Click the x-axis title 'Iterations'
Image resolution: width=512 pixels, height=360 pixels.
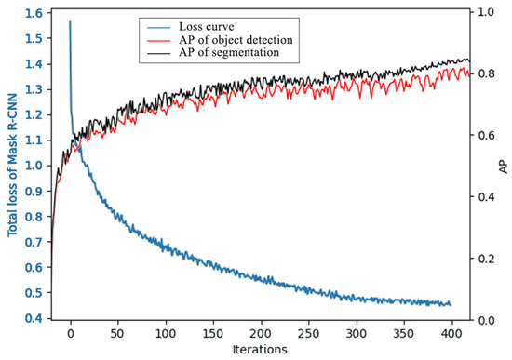[260, 350]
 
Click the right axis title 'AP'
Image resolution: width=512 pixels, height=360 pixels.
[502, 166]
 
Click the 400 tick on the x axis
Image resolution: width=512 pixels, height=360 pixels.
[451, 332]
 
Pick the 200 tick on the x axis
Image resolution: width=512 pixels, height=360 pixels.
[261, 332]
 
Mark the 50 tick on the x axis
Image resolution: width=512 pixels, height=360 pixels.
[117, 332]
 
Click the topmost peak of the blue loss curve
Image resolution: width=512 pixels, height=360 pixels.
[70, 22]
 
